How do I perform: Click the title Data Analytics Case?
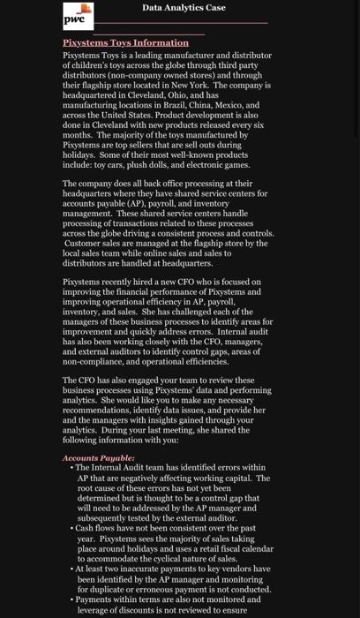(x=184, y=8)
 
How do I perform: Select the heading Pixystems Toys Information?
(x=125, y=42)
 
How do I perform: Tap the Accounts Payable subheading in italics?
(x=99, y=458)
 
